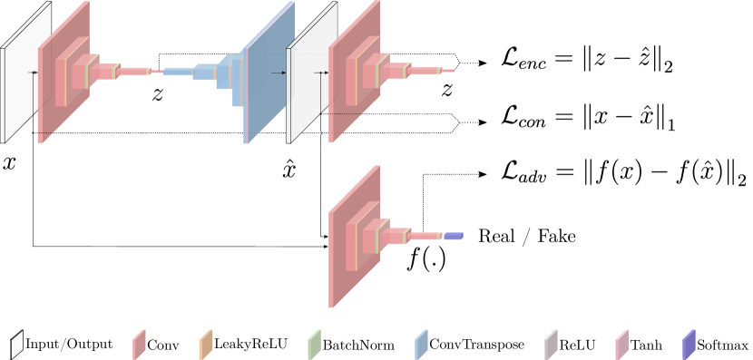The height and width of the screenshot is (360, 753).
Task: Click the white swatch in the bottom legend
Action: click(16, 345)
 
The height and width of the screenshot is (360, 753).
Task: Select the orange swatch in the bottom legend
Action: click(205, 345)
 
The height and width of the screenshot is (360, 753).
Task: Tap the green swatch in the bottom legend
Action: click(314, 345)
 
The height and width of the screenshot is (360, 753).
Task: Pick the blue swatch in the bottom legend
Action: click(421, 345)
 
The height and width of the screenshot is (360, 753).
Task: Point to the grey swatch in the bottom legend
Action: click(551, 345)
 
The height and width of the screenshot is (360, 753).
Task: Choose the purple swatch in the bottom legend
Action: click(689, 345)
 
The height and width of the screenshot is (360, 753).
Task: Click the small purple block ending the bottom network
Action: click(453, 237)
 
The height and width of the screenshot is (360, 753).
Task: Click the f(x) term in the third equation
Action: click(611, 173)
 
